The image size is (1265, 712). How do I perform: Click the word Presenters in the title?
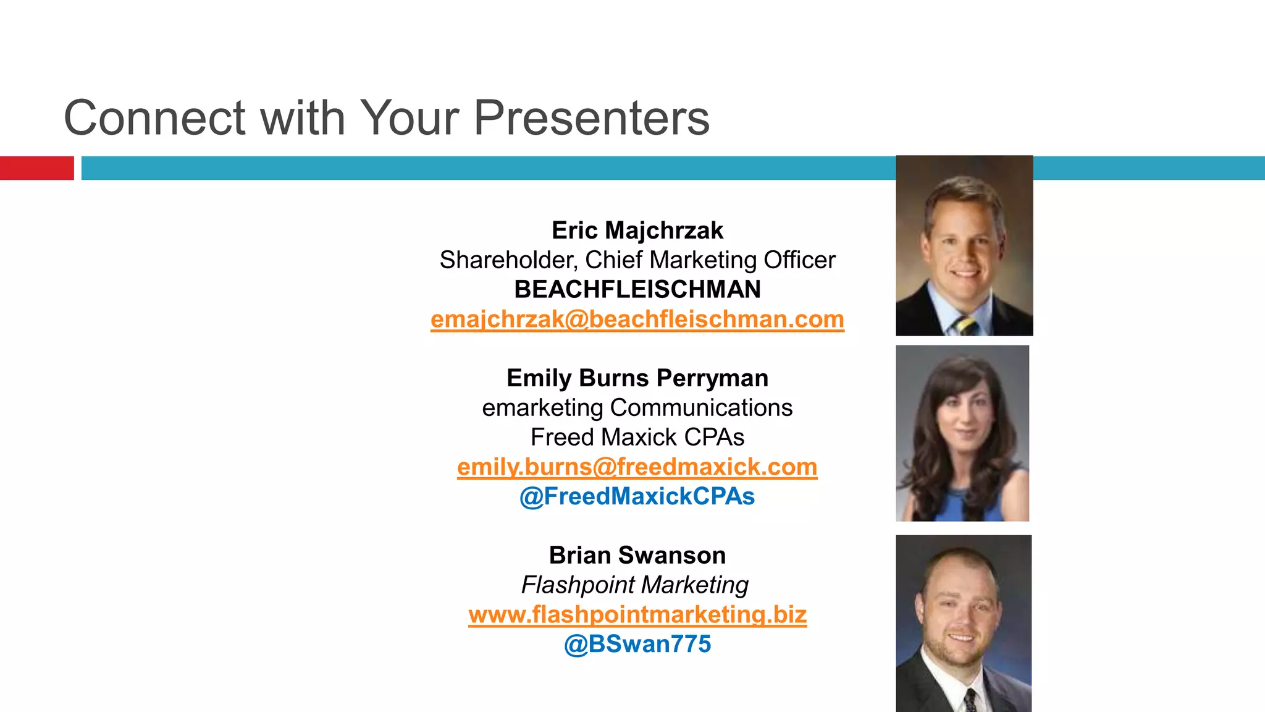pos(591,117)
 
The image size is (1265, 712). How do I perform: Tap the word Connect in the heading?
pos(154,117)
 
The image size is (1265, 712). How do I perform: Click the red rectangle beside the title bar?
pos(36,168)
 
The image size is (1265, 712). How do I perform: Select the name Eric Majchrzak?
pos(637,231)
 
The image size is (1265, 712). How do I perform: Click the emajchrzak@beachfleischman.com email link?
pos(637,320)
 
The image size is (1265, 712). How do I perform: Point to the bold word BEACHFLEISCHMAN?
pos(637,290)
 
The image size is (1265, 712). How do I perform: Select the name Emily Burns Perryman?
pos(637,378)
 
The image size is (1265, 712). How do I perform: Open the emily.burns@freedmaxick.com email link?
pos(637,467)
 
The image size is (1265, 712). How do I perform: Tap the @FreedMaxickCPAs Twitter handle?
pos(637,497)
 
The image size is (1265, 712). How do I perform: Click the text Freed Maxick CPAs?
pos(637,438)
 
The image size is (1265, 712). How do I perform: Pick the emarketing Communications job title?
pos(637,408)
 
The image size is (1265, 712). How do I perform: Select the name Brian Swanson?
pos(637,556)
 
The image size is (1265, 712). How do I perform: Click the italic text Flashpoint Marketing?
pos(634,585)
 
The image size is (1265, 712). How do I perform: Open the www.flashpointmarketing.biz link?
pos(637,615)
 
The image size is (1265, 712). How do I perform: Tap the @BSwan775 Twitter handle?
pos(637,645)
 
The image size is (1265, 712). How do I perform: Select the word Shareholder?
pos(507,260)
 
